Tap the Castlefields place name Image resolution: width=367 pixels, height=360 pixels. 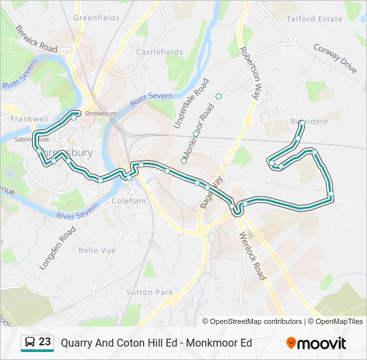[x=159, y=52]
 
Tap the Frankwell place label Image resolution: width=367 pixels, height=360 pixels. [x=29, y=119]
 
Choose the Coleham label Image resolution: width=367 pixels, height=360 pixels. [x=129, y=201]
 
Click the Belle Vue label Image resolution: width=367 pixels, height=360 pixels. [x=97, y=250]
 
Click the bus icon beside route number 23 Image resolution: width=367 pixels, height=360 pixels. [x=30, y=343]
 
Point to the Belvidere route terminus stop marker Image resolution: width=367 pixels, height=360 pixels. [x=302, y=123]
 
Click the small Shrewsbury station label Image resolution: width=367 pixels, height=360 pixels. [x=101, y=113]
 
